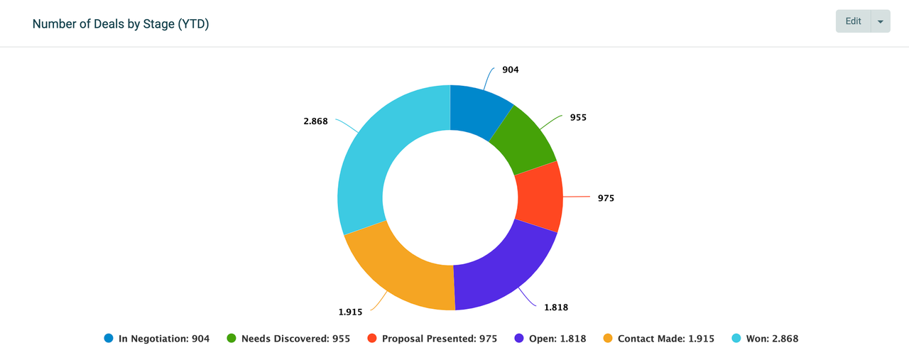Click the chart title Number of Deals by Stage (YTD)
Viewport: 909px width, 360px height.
coord(121,24)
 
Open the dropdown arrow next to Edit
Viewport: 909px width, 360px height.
coord(881,22)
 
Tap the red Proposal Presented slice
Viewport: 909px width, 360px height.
coord(538,197)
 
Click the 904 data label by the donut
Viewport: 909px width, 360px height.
coord(511,70)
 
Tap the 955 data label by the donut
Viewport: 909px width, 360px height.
coord(578,117)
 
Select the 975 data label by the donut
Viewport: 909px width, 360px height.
coord(606,198)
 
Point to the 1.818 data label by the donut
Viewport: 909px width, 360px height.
coord(556,307)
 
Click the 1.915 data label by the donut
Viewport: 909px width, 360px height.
coord(351,312)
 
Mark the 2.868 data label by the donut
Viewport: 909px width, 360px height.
coord(315,121)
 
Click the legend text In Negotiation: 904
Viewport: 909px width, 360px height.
coord(164,339)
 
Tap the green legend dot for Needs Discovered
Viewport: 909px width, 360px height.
coord(232,339)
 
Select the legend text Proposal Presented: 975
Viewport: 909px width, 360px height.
coord(440,339)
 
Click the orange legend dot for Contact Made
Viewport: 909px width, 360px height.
coord(608,339)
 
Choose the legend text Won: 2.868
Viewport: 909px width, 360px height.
coord(772,339)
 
